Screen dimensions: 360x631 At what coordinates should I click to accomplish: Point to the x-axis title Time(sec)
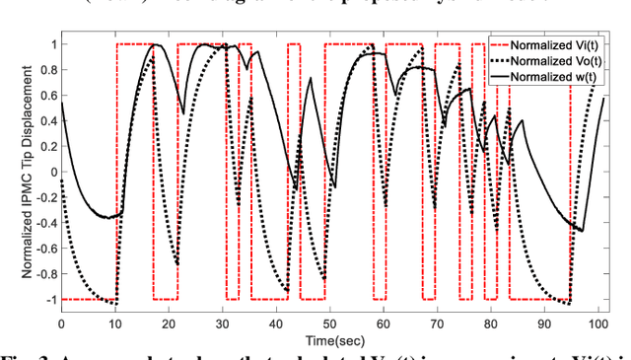[331, 340]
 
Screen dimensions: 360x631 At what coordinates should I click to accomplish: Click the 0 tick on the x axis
[61, 323]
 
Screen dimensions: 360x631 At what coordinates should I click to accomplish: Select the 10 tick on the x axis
[114, 323]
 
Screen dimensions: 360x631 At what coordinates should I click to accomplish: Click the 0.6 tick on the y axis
[45, 96]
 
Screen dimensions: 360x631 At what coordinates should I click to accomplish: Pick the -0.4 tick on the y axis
[42, 223]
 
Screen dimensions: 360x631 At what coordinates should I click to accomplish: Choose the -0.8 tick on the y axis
[42, 273]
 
